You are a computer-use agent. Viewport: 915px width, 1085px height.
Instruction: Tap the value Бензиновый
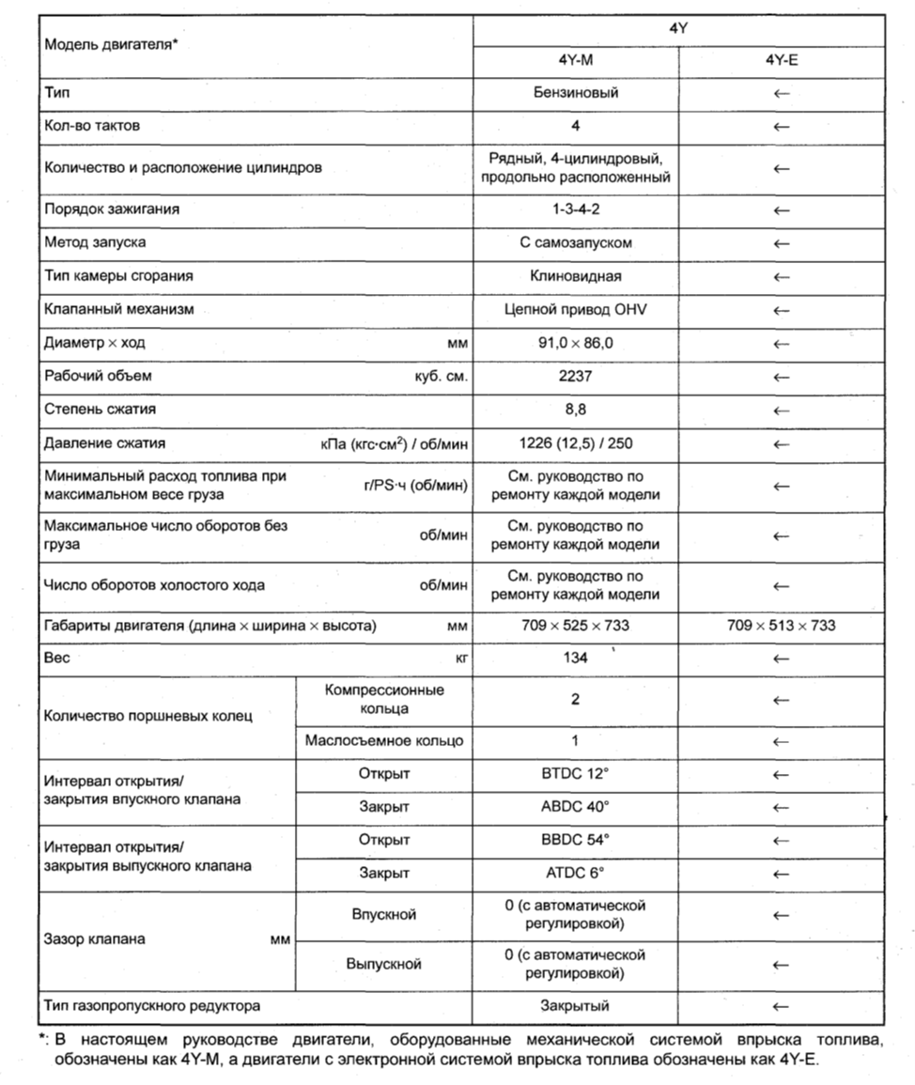point(575,93)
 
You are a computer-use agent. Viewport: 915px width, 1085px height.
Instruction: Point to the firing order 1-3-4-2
point(575,209)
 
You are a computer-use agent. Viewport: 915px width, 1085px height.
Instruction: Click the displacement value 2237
point(575,376)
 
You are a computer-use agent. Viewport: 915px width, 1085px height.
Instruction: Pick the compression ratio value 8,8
point(575,409)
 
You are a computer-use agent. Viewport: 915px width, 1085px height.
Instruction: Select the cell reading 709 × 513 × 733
point(781,625)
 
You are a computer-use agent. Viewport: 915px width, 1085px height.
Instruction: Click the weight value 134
point(575,658)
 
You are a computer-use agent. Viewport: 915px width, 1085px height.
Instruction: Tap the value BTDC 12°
point(575,775)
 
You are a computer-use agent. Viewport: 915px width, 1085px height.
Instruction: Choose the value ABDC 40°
point(575,807)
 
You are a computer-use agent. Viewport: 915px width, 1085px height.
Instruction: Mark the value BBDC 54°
point(575,840)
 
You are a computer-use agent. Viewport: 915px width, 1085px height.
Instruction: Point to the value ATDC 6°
point(575,873)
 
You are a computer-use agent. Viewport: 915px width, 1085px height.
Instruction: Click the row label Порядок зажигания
point(112,209)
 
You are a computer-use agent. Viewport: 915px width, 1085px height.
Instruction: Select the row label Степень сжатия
point(100,409)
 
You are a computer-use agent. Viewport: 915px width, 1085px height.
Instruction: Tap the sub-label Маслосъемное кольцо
point(384,741)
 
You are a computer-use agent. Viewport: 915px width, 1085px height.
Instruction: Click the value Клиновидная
point(575,276)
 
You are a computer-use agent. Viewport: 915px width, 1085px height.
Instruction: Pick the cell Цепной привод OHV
point(575,309)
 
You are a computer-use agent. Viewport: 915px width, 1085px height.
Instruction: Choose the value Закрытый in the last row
point(575,1006)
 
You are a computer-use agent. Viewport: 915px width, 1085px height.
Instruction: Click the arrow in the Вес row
point(781,659)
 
